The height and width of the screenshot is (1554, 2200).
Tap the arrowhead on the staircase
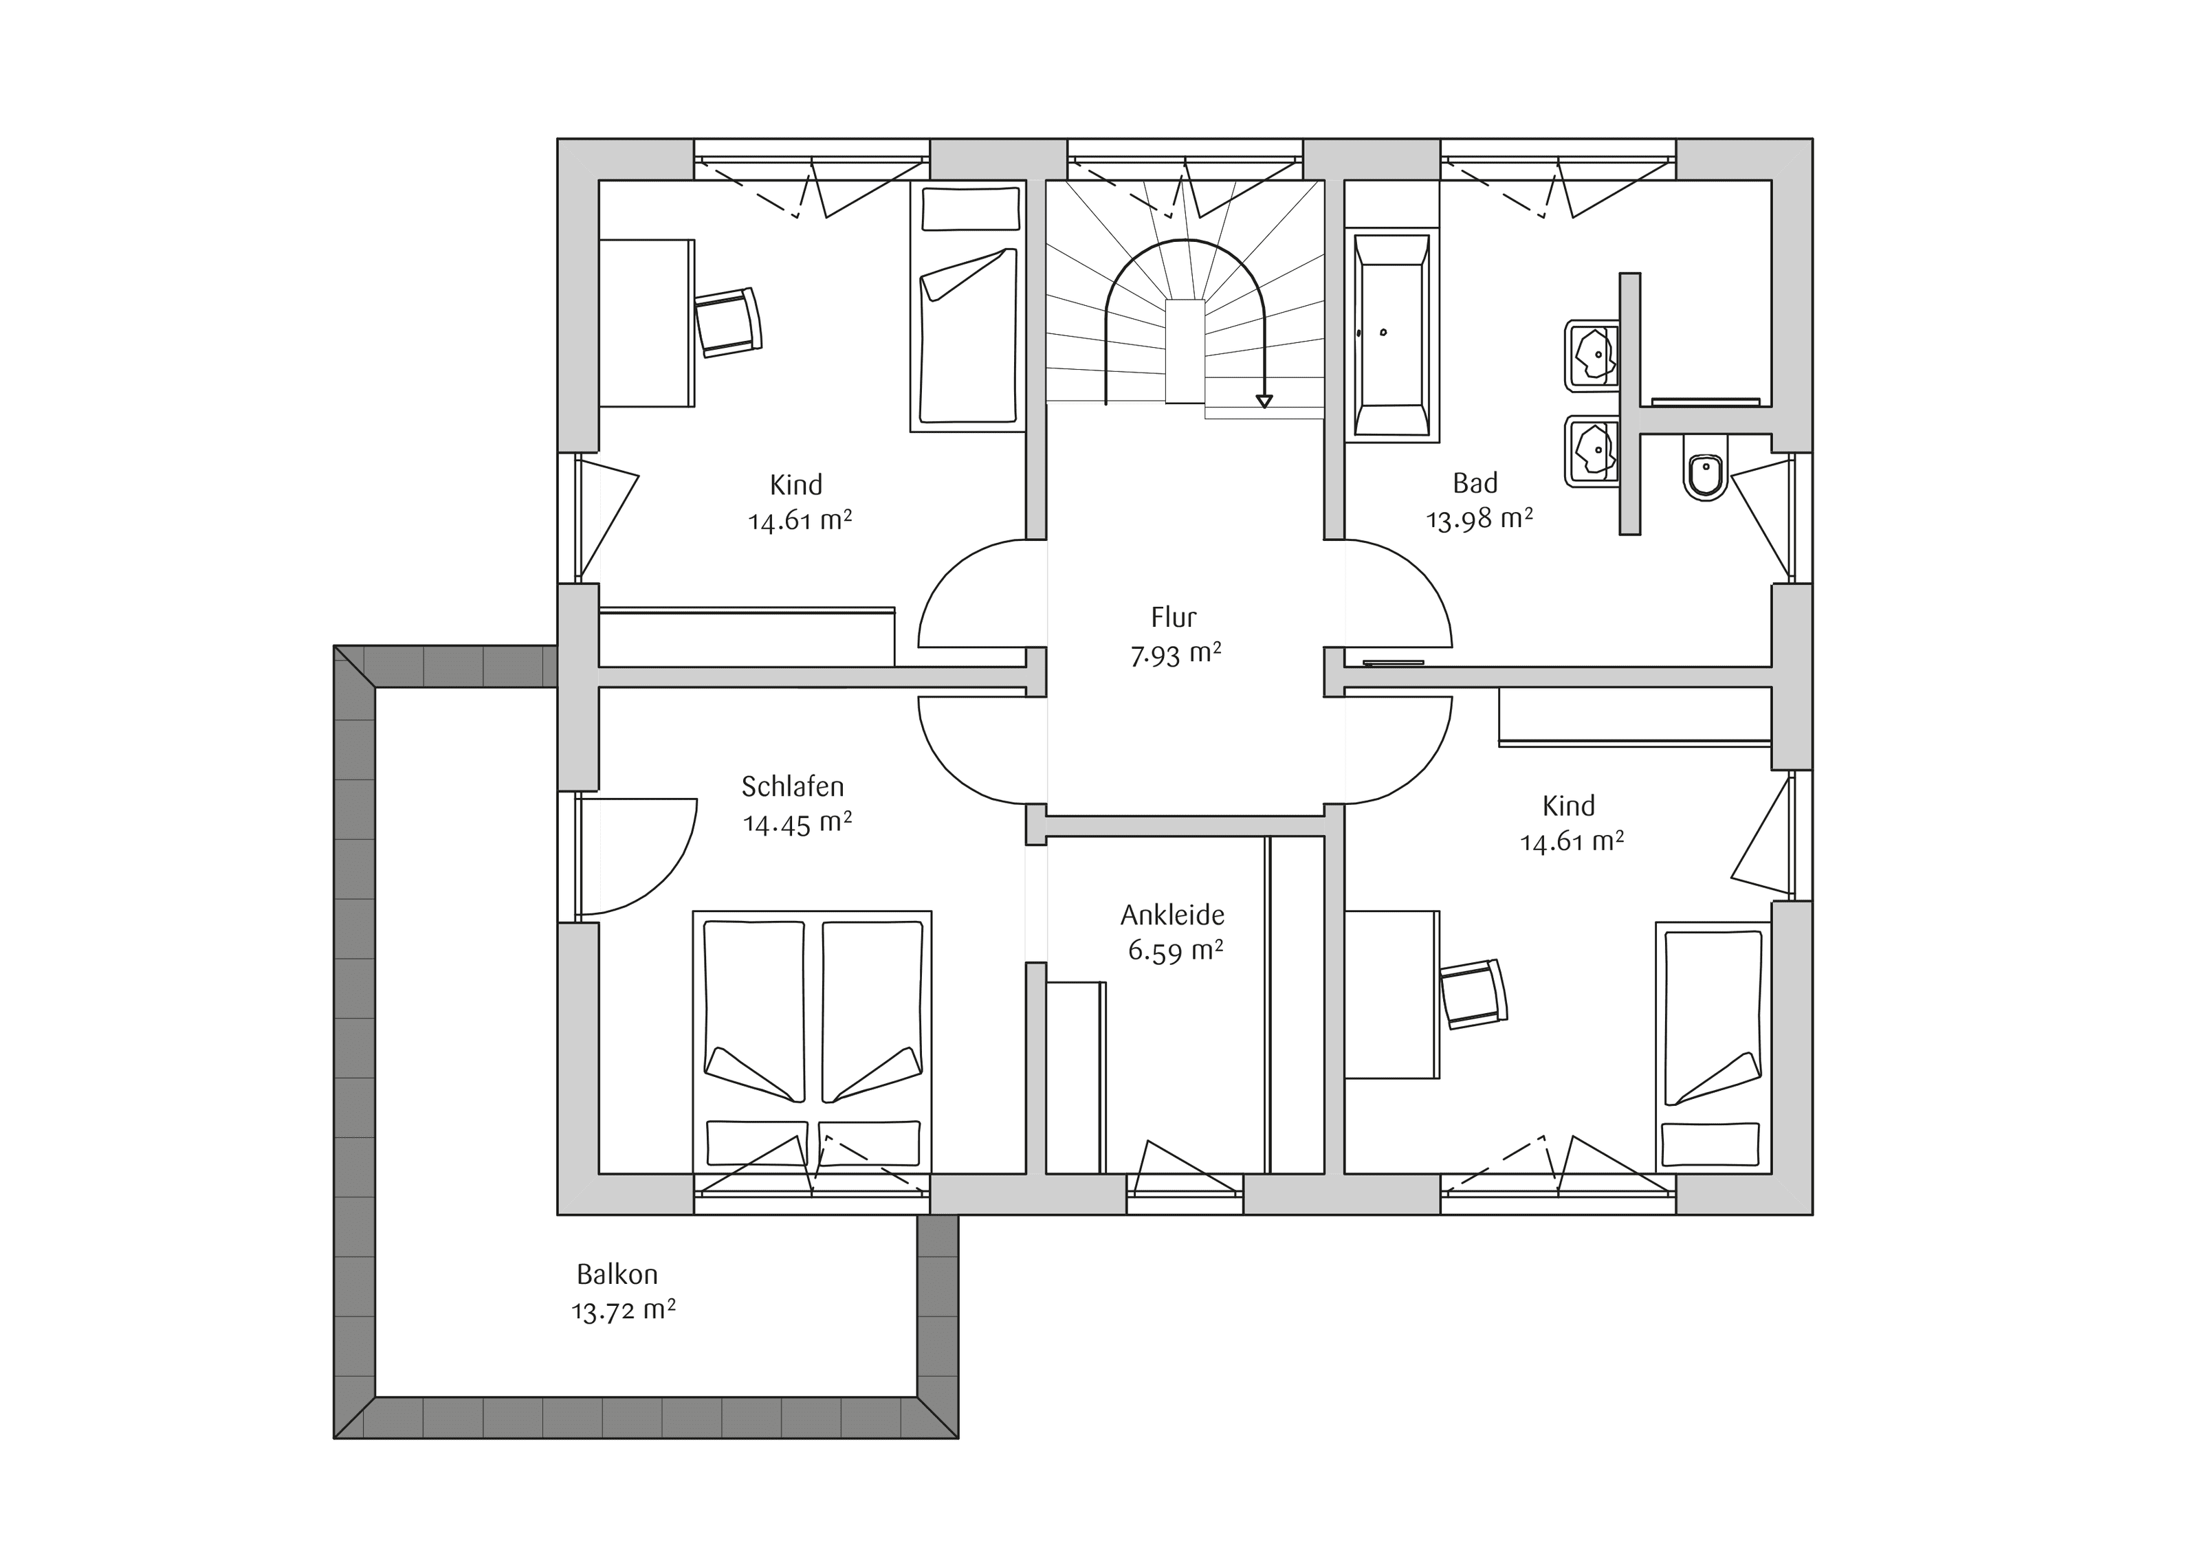(1265, 401)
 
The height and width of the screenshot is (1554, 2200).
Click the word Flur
(1174, 617)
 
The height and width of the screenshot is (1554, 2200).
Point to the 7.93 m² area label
(1176, 655)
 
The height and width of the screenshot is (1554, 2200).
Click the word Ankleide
(1173, 915)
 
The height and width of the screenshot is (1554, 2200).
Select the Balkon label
(617, 1274)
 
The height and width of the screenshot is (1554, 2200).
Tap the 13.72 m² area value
(624, 1310)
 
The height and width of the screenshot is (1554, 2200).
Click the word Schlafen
(793, 786)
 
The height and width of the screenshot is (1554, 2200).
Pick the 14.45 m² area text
(797, 823)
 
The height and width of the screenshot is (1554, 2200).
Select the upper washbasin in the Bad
(1592, 355)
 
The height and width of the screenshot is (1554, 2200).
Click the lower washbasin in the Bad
(1592, 450)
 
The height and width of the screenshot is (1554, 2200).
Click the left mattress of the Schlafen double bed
(754, 1011)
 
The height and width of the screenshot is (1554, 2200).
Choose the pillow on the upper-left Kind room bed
(971, 209)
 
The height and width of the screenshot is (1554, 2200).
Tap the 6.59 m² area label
(1176, 951)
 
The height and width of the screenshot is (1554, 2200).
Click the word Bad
(1475, 483)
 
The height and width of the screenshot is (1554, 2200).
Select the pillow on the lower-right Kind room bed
(1710, 1143)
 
